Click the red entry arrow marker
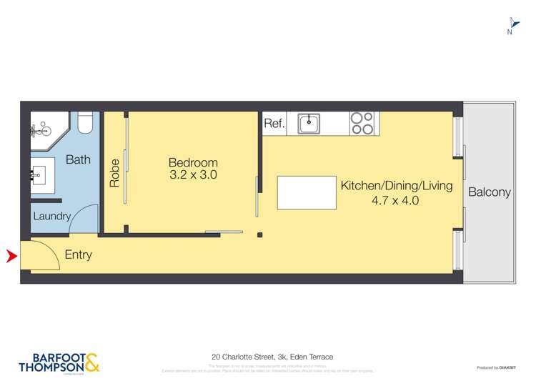pyautogui.click(x=11, y=255)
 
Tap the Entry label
pyautogui.click(x=78, y=254)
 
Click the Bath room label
pyautogui.click(x=78, y=159)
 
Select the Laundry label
pyautogui.click(x=51, y=216)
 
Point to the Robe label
pyautogui.click(x=114, y=172)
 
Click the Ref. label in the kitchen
pyautogui.click(x=274, y=124)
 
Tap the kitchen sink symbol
pyautogui.click(x=309, y=124)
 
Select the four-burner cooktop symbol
pyautogui.click(x=362, y=124)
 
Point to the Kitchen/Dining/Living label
pyautogui.click(x=396, y=186)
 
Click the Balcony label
pyautogui.click(x=490, y=192)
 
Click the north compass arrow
pyautogui.click(x=511, y=23)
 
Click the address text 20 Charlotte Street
pyautogui.click(x=272, y=356)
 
